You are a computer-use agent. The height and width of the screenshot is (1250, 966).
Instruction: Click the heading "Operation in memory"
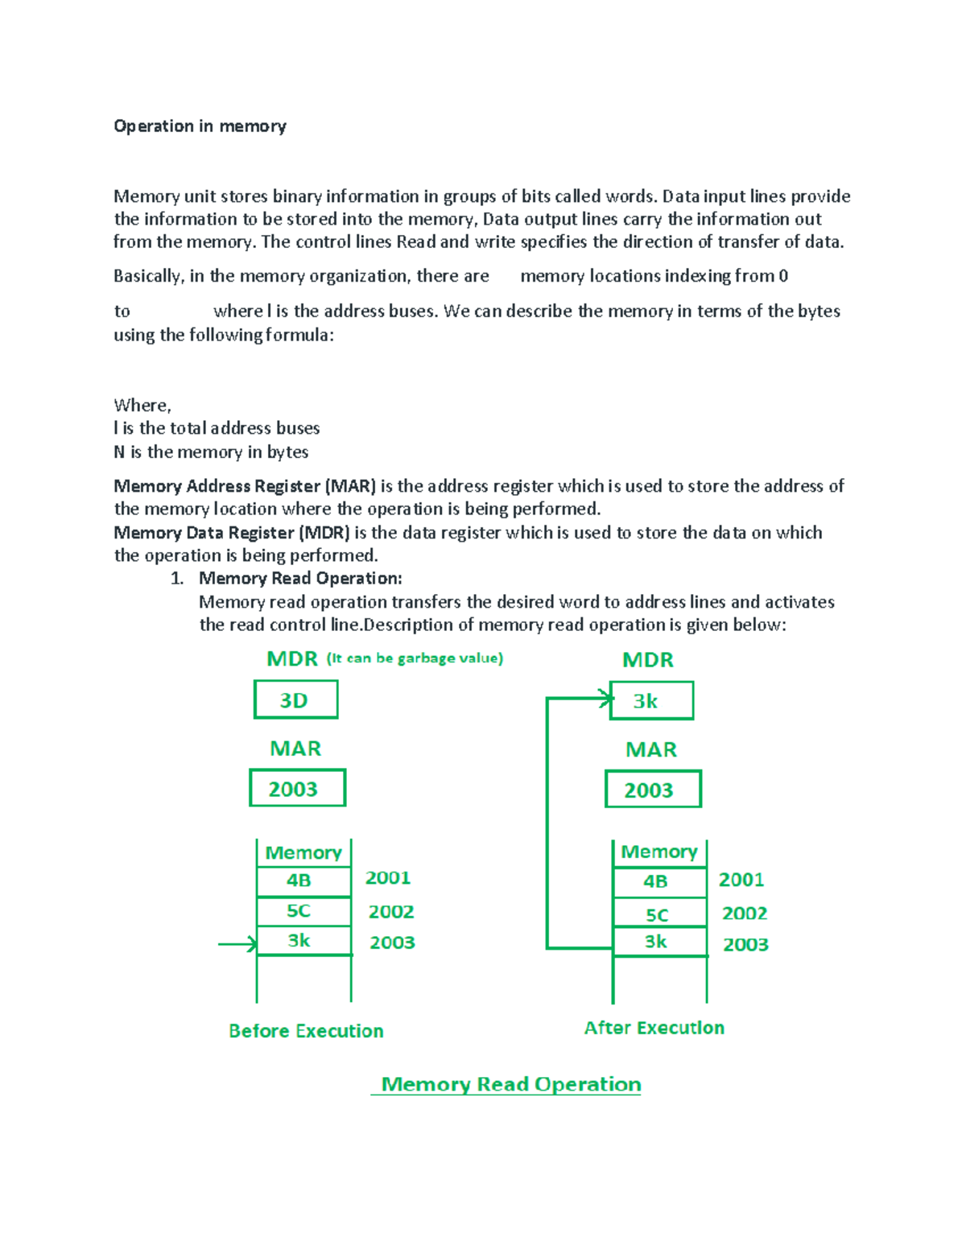200,126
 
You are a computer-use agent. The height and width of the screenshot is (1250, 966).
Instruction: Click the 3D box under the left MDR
295,699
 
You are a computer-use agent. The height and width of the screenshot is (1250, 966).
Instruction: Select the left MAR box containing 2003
297,788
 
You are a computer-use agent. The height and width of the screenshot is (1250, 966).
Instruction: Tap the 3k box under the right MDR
651,700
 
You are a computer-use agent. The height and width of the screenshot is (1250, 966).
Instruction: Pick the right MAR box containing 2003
653,790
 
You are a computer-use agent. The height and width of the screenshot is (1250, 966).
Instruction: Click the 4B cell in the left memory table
303,881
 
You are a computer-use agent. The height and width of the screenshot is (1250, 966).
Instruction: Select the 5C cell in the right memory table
659,914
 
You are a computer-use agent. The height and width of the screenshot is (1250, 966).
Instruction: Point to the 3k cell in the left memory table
303,940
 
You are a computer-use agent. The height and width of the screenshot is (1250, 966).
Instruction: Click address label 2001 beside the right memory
741,880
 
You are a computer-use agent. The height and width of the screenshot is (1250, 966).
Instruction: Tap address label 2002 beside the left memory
391,911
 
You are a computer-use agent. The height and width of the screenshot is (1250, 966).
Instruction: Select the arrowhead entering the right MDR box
605,698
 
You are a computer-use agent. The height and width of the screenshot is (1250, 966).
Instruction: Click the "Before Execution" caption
306,1031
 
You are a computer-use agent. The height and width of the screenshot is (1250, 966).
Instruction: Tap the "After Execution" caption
654,1028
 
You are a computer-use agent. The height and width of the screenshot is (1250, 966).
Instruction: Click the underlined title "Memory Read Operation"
510,1084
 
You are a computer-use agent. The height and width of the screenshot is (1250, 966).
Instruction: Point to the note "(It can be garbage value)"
415,658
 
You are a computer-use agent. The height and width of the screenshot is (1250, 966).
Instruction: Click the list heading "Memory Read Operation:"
300,579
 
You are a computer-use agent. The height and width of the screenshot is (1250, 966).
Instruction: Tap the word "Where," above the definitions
142,405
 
